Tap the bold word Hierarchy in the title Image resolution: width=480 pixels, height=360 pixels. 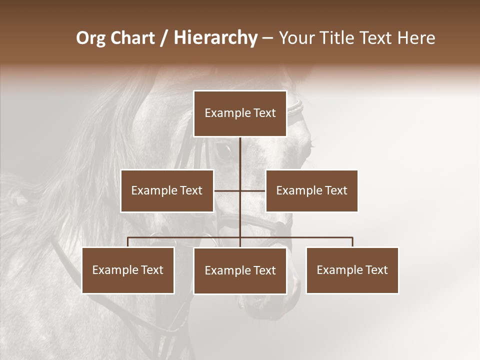(x=215, y=38)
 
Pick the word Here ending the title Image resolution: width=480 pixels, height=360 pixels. (x=416, y=38)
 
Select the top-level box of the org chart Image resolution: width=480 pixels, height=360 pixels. (x=240, y=113)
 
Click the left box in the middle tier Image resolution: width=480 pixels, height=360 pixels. (x=167, y=190)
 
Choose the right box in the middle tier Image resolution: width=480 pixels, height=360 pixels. (x=311, y=190)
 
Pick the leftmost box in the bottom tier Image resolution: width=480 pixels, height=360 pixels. (x=128, y=270)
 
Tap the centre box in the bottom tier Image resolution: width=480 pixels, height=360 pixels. (x=240, y=271)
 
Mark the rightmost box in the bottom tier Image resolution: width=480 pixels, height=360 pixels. (x=352, y=270)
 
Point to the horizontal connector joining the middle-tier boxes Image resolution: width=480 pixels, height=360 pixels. (x=227, y=190)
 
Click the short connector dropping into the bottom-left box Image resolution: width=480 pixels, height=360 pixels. (x=128, y=242)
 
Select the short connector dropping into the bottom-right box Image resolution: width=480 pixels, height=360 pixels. (x=352, y=242)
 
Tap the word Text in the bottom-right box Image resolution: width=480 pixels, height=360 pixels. (x=376, y=270)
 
